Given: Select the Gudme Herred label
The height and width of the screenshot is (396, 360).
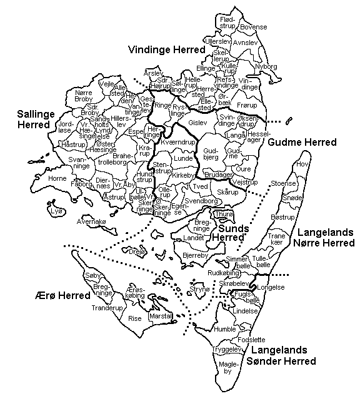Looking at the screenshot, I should pos(302,143).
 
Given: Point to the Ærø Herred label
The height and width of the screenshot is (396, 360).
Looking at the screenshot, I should pos(59,295).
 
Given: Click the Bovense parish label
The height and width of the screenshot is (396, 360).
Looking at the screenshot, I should pos(254,28).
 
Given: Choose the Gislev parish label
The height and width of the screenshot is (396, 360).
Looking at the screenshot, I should pos(197,123).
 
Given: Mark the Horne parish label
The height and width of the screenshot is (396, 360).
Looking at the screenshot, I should pos(57,178).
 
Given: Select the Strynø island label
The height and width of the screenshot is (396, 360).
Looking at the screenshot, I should pos(199,290).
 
